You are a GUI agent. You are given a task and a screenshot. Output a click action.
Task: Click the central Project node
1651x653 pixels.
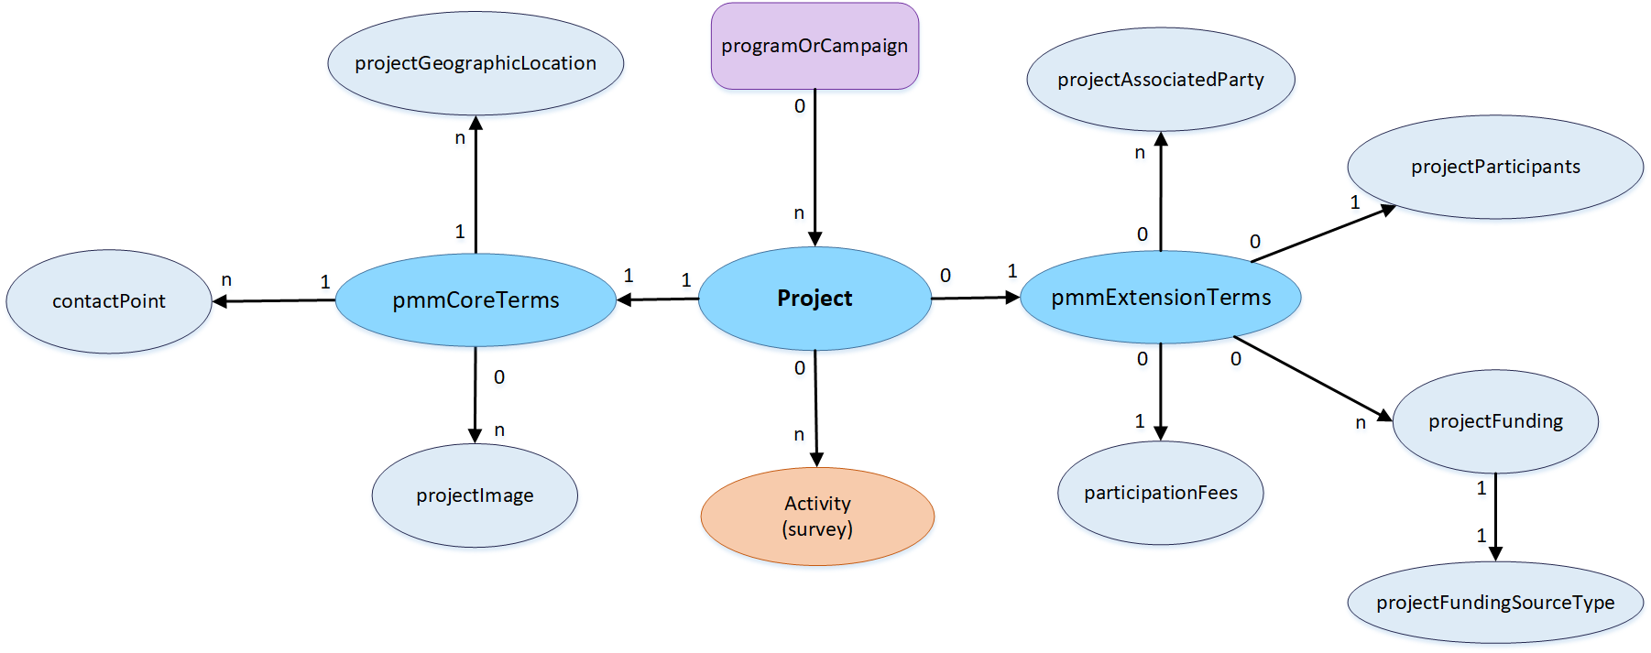tap(815, 299)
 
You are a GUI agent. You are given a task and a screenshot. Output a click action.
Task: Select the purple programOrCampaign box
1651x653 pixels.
tap(815, 46)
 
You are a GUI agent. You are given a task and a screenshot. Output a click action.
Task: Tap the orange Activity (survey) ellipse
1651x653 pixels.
tap(817, 516)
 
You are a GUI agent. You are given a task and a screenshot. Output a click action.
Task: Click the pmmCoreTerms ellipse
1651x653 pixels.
tap(476, 300)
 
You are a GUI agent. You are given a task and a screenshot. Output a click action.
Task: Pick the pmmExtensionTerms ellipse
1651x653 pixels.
tap(1161, 298)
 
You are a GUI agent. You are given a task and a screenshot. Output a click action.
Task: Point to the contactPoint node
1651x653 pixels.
tap(109, 301)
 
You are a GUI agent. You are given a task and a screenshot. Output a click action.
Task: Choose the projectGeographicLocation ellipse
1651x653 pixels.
tap(476, 63)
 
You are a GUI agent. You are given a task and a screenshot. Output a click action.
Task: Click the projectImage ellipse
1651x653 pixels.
tap(475, 495)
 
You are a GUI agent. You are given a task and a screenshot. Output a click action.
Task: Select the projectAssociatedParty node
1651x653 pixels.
tap(1161, 80)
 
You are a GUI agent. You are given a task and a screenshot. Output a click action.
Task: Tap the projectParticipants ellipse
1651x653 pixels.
tap(1495, 167)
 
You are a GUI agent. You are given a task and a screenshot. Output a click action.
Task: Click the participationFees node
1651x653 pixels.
tap(1161, 493)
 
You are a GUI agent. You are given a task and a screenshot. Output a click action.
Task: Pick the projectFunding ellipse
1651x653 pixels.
tap(1495, 421)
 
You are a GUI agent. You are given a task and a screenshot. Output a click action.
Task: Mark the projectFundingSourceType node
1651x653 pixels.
tap(1495, 603)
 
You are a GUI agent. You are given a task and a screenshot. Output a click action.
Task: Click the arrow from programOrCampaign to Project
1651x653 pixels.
tap(815, 165)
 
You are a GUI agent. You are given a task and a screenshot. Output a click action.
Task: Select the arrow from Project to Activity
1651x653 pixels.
tap(815, 408)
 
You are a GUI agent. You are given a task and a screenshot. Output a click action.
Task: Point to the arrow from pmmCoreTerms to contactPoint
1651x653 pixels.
tap(275, 300)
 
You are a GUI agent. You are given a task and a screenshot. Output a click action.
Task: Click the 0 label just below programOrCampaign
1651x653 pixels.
tap(800, 106)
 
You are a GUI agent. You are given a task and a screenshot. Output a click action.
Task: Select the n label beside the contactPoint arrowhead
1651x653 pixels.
tap(226, 280)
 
